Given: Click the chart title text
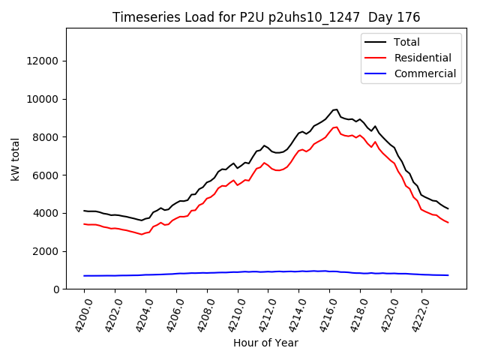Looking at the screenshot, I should (x=266, y=17).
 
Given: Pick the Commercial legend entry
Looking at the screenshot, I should (x=425, y=73).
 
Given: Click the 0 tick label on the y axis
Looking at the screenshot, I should (x=57, y=289).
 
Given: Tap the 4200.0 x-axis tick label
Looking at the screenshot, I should (x=77, y=313).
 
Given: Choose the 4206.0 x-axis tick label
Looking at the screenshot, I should (x=169, y=313).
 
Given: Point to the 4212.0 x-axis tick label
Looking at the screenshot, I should (x=262, y=313).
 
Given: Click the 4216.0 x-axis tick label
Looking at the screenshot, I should (x=323, y=313).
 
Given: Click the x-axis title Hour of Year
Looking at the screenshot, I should (x=266, y=343).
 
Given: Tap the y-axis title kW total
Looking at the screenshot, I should (x=15, y=159).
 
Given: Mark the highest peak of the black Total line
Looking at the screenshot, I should (x=337, y=109).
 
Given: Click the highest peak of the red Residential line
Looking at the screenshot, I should (x=337, y=127).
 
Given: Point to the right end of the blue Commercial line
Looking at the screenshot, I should (x=448, y=275).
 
